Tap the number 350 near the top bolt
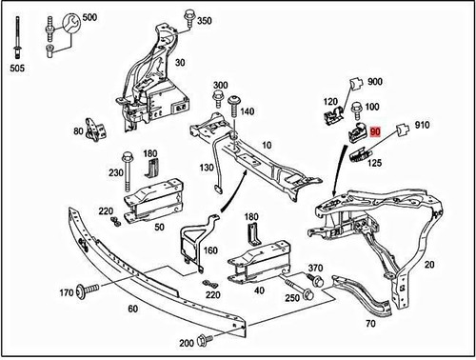click(204, 21)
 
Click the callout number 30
click(179, 63)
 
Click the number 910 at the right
click(423, 125)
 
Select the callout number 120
click(330, 101)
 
